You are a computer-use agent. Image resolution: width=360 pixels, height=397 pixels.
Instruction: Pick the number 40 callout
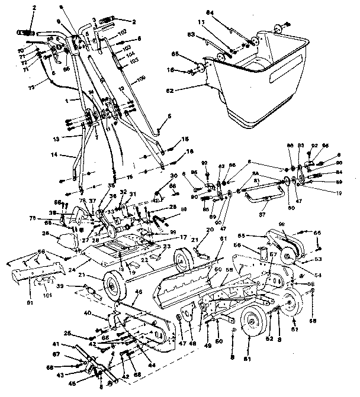click(87, 312)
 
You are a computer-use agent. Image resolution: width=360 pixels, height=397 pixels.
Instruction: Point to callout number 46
click(139, 292)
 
